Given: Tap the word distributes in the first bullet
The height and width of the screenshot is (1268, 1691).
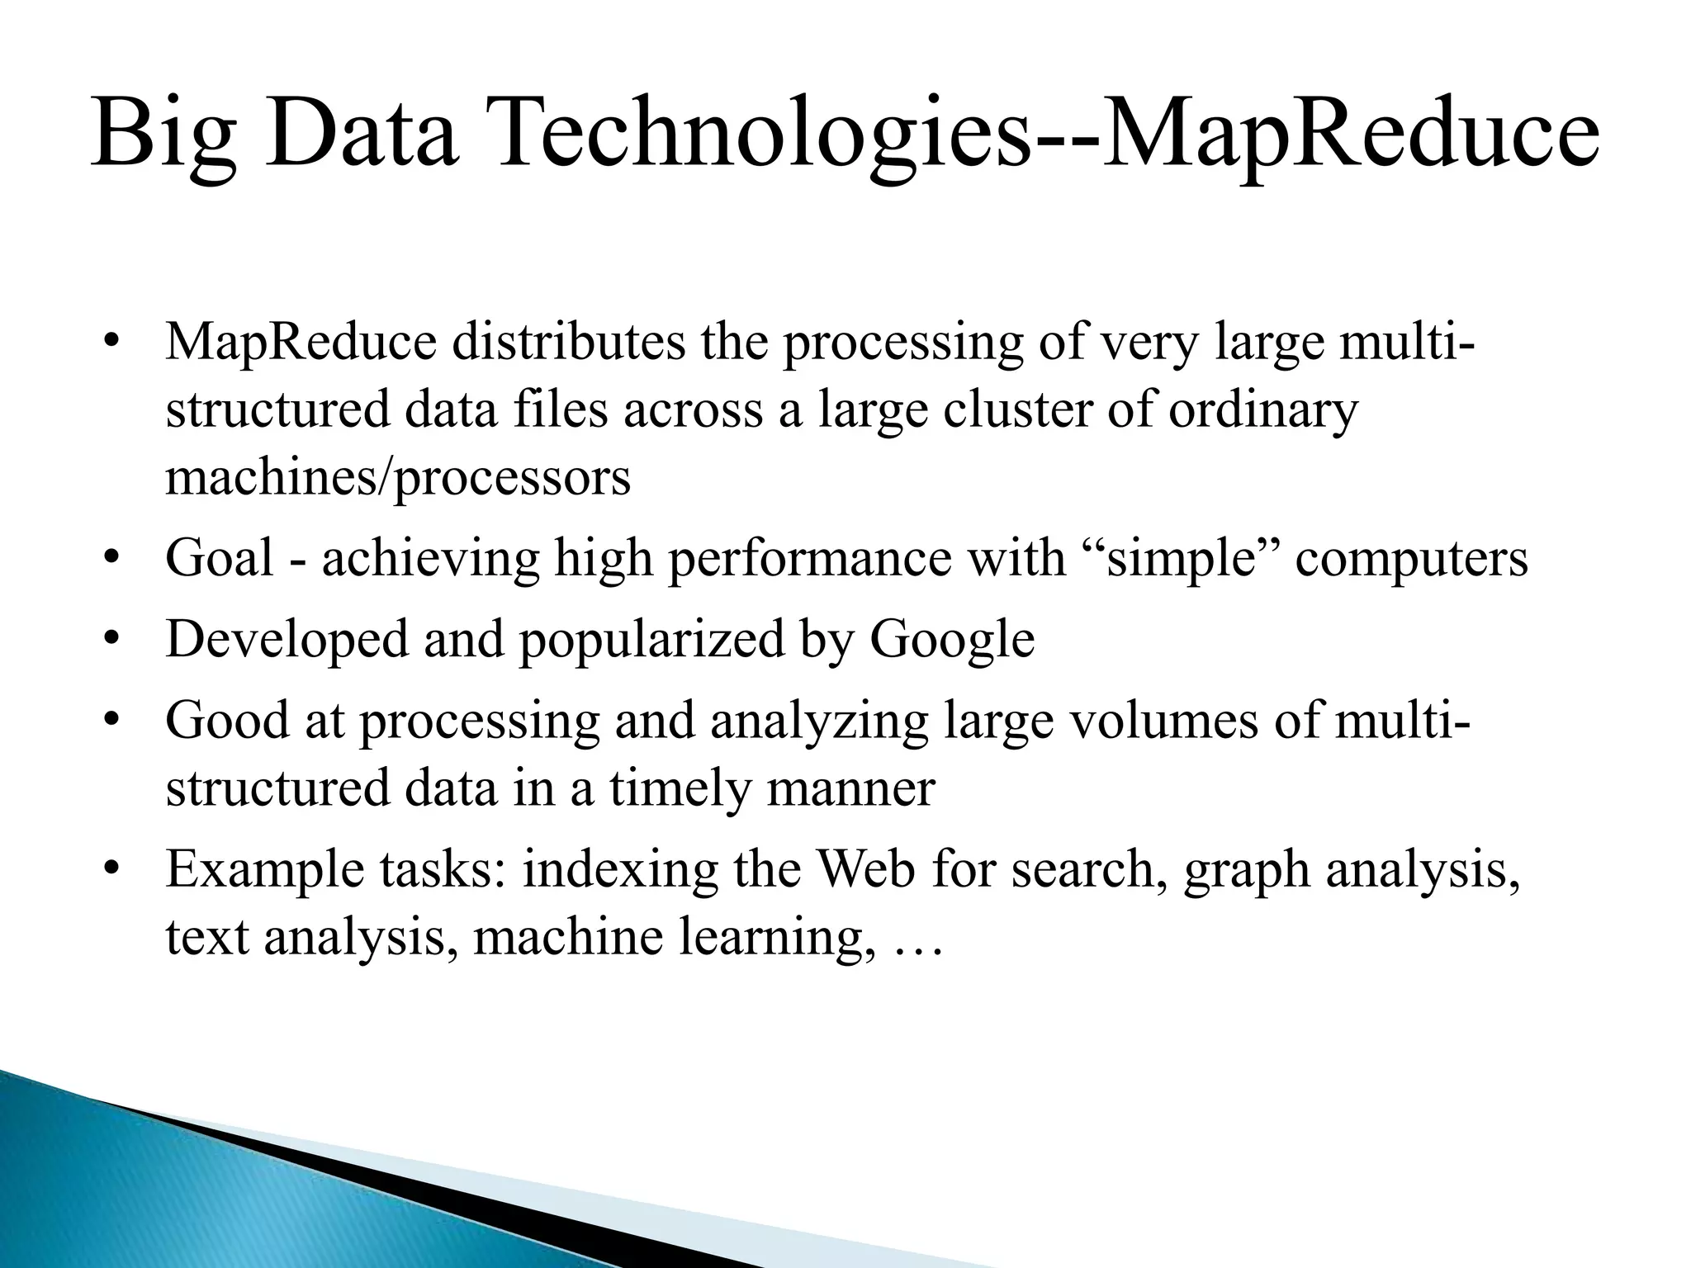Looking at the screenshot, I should click(568, 343).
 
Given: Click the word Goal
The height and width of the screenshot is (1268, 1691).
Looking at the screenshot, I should click(220, 558).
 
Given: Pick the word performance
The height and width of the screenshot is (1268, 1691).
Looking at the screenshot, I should click(810, 558).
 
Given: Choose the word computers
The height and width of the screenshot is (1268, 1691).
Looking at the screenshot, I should click(1412, 558).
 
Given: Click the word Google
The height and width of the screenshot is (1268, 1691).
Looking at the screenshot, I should click(952, 639).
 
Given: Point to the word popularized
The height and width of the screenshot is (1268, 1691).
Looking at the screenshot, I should click(651, 639).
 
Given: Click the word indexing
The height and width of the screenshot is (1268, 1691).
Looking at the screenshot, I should click(620, 869).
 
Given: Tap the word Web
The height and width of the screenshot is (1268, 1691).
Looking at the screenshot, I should click(866, 869).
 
